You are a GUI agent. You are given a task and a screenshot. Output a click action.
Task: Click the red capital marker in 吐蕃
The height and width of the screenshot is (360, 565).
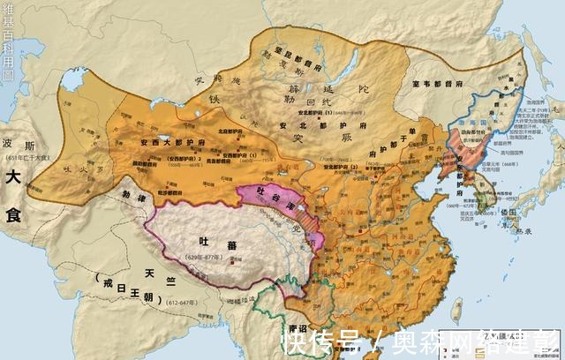[232, 260]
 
